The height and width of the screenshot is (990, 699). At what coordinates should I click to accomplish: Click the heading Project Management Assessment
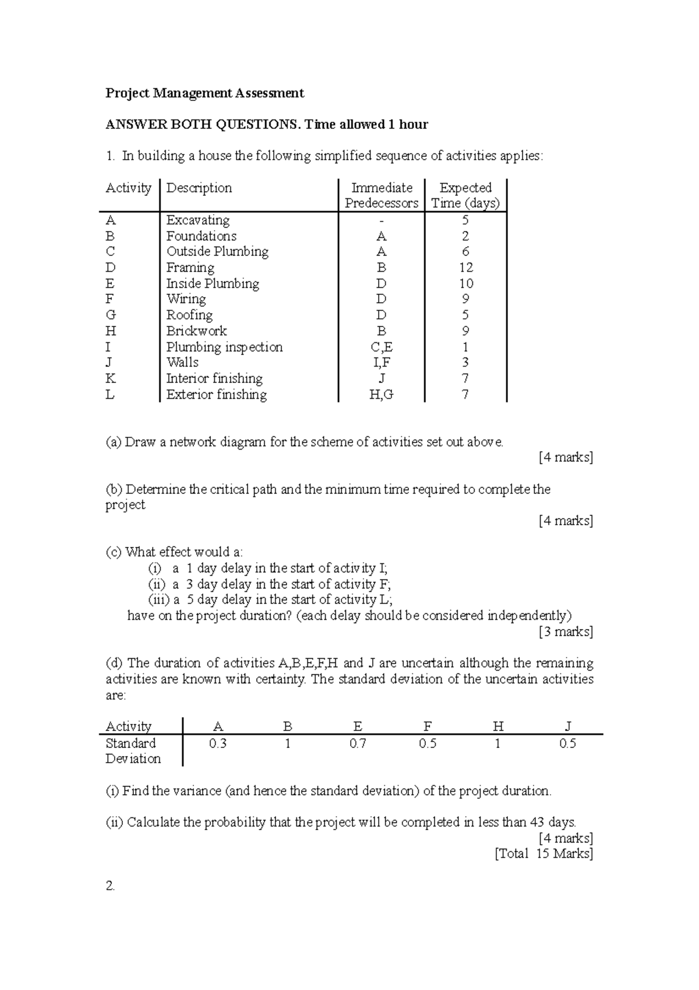(204, 93)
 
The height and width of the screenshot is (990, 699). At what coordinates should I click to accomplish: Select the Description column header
(199, 188)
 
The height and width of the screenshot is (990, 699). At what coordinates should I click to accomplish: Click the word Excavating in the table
(198, 220)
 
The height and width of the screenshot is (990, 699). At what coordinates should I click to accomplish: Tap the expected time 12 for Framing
(465, 268)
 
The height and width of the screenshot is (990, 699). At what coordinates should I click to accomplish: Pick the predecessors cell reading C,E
(382, 347)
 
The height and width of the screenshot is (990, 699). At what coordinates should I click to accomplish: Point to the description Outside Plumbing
(217, 252)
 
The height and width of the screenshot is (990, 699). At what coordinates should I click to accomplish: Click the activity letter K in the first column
(110, 378)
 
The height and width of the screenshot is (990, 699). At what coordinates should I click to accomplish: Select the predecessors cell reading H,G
(382, 395)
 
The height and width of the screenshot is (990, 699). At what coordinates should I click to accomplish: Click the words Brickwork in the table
(196, 331)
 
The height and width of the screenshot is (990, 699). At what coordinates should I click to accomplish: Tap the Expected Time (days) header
(465, 195)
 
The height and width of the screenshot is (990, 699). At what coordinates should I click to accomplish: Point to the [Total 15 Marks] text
(543, 854)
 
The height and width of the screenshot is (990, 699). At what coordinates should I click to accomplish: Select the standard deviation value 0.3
(218, 743)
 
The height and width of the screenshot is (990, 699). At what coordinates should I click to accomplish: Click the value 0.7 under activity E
(358, 743)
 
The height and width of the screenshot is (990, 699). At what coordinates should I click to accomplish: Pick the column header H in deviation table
(497, 726)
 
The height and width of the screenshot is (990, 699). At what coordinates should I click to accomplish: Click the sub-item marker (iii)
(159, 600)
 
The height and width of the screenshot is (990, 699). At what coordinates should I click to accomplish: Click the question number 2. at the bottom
(110, 886)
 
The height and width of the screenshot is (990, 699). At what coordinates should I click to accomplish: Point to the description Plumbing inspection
(224, 347)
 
